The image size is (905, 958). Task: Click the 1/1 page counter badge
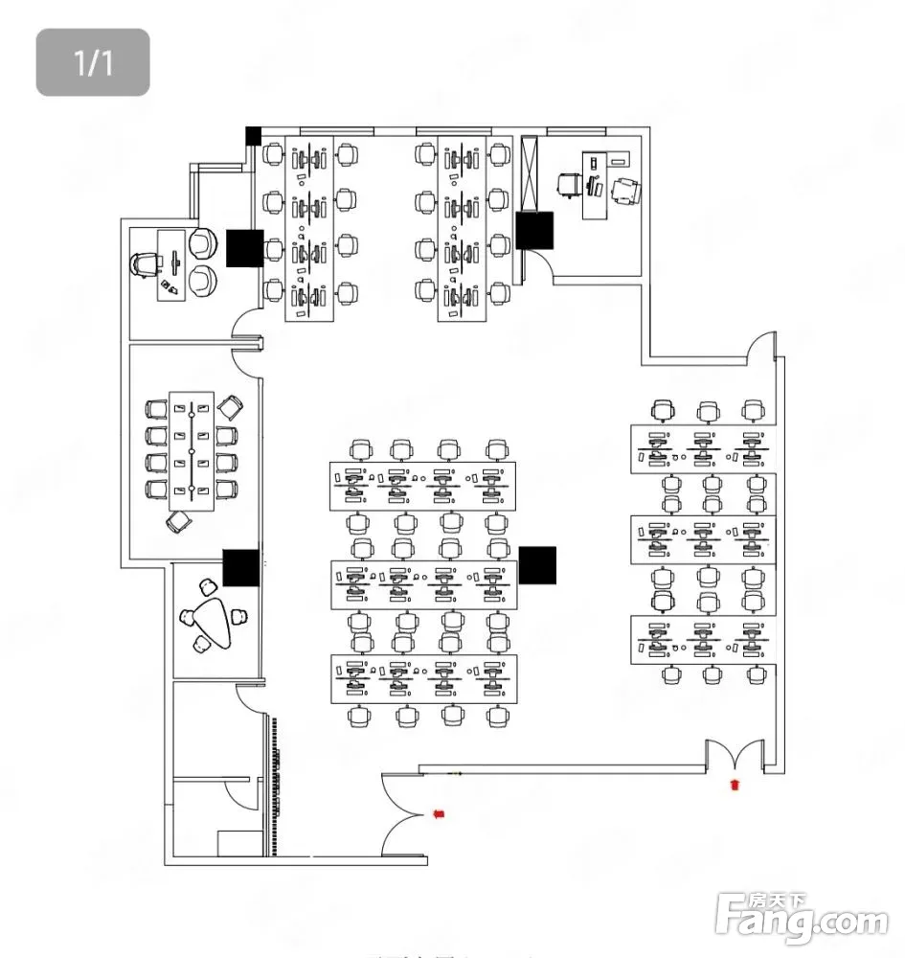pyautogui.click(x=93, y=62)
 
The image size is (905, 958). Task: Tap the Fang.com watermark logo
pyautogui.click(x=803, y=919)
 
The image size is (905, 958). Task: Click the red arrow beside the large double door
pyautogui.click(x=439, y=813)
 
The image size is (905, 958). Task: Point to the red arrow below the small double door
pyautogui.click(x=735, y=785)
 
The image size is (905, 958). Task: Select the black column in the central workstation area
pyautogui.click(x=537, y=565)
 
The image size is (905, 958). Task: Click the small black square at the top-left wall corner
pyautogui.click(x=253, y=135)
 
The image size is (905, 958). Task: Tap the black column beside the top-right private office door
pyautogui.click(x=535, y=231)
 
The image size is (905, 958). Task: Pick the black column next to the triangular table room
pyautogui.click(x=241, y=567)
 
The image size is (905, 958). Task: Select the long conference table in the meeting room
pyautogui.click(x=192, y=447)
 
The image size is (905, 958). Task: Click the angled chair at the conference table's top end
pyautogui.click(x=229, y=407)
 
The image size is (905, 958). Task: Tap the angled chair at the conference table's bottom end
pyautogui.click(x=177, y=521)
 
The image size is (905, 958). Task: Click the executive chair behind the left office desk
pyautogui.click(x=143, y=263)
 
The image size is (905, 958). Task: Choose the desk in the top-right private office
pyautogui.click(x=596, y=184)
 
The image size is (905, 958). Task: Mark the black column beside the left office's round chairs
pyautogui.click(x=244, y=248)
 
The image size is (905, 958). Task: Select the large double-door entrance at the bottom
pyautogui.click(x=402, y=814)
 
